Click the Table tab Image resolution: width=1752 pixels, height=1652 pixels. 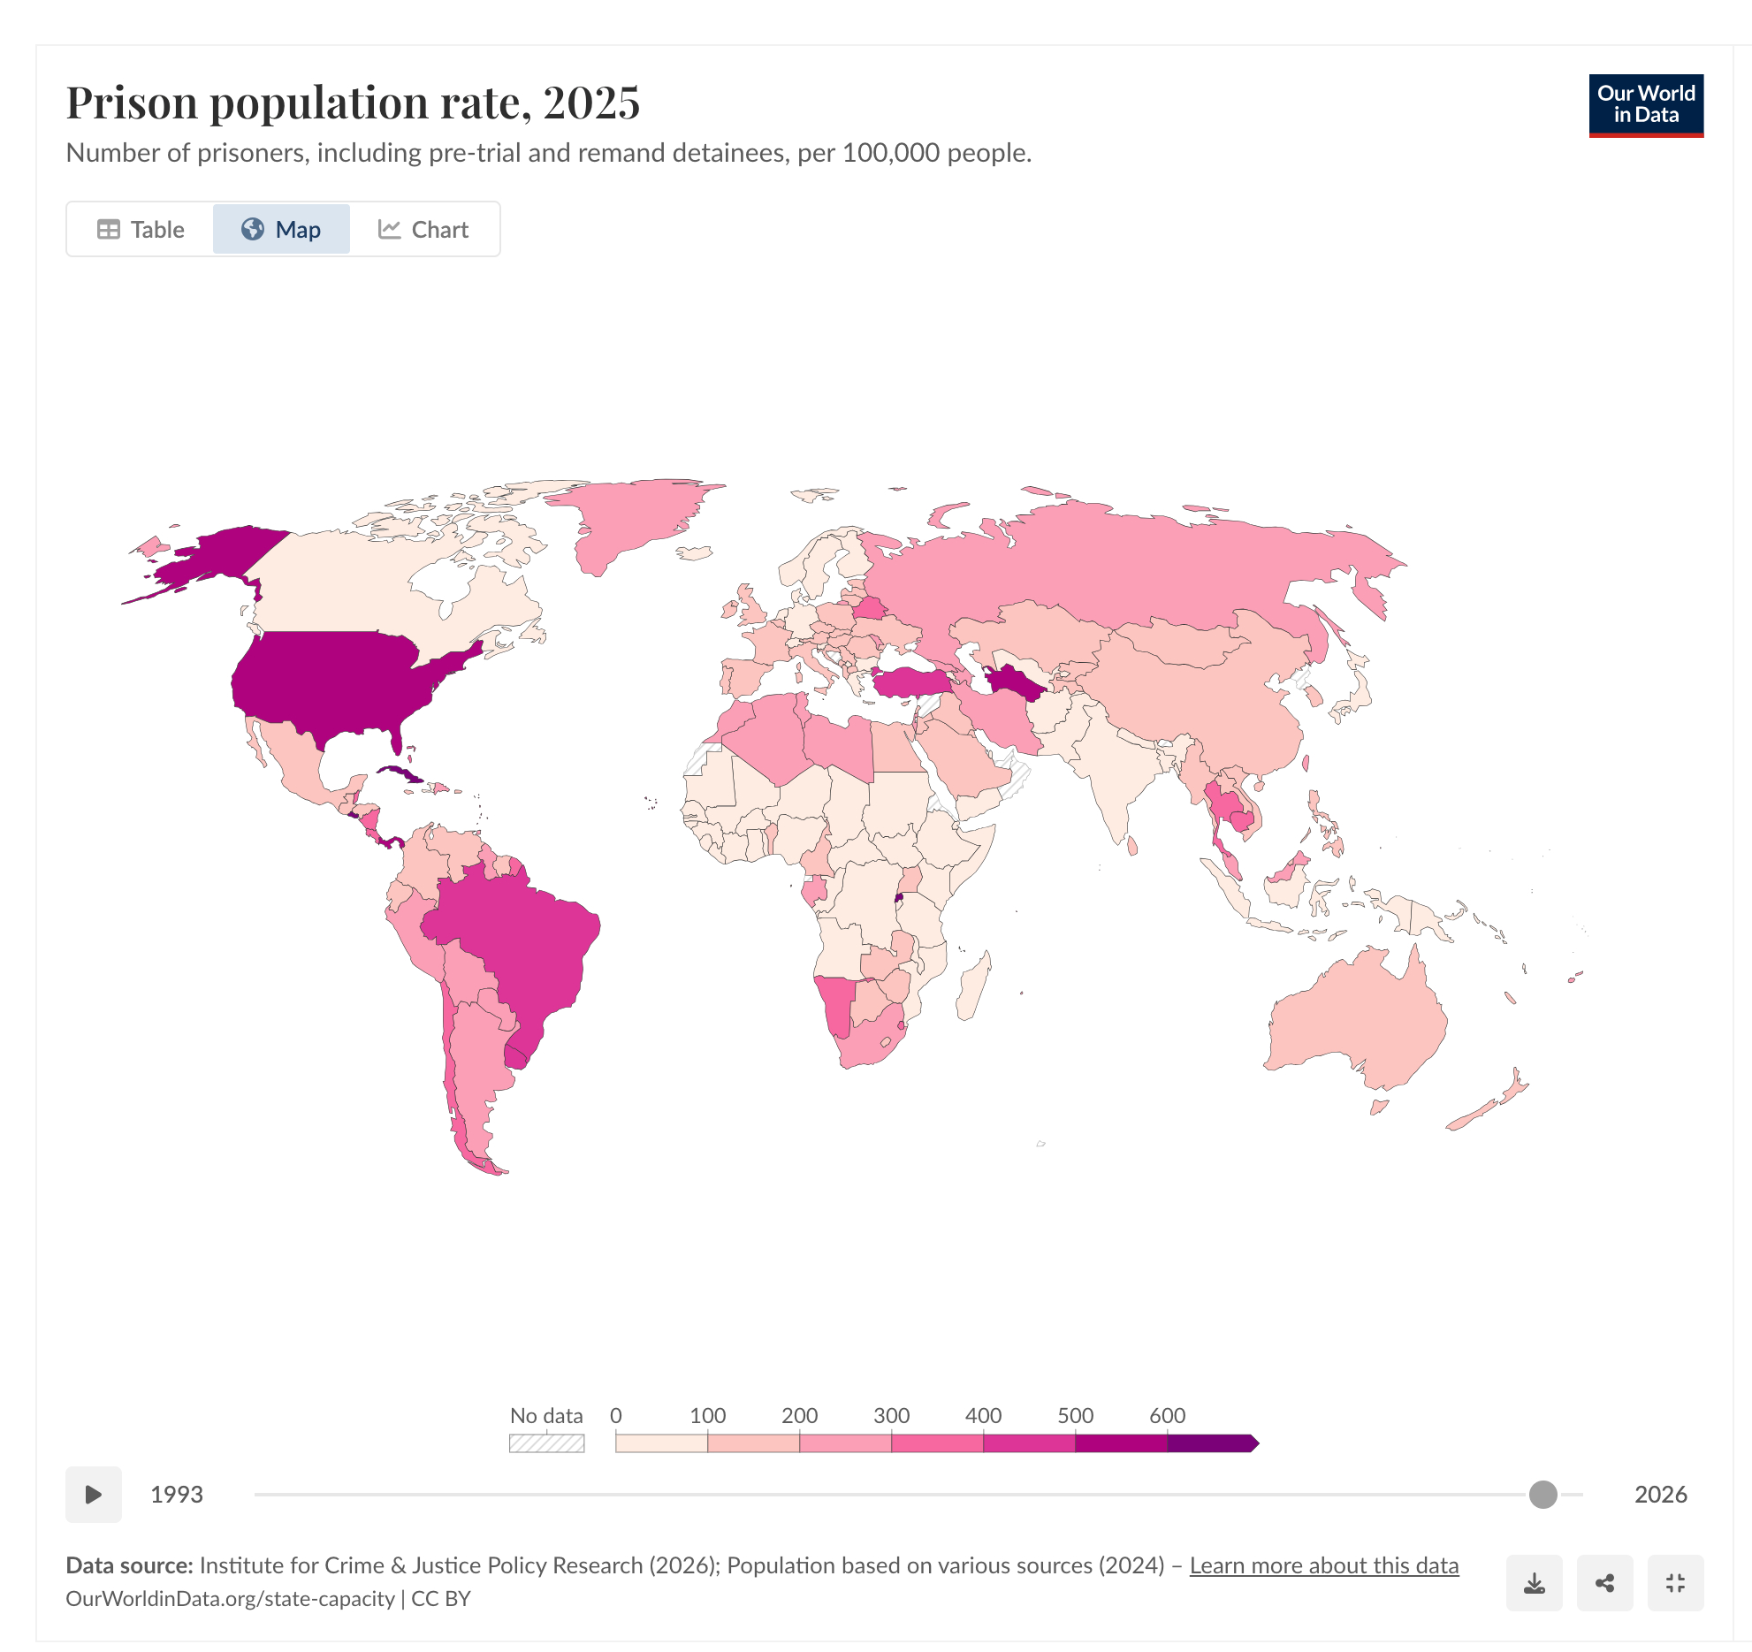(141, 230)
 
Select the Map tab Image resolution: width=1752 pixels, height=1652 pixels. (281, 230)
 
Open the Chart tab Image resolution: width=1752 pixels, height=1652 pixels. (423, 230)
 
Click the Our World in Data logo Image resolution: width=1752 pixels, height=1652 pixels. (1645, 105)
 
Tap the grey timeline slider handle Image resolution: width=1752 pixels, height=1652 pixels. (1543, 1495)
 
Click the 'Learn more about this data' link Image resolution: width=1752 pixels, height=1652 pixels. (1323, 1565)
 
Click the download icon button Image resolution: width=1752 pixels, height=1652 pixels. (1534, 1583)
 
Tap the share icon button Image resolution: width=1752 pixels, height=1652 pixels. (1604, 1583)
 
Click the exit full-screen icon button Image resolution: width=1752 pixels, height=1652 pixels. (1675, 1583)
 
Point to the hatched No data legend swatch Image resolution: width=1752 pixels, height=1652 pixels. (546, 1443)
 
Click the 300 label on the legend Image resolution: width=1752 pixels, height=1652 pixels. (891, 1415)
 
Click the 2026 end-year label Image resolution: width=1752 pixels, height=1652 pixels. (1660, 1495)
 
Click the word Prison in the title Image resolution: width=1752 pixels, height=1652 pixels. (132, 103)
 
